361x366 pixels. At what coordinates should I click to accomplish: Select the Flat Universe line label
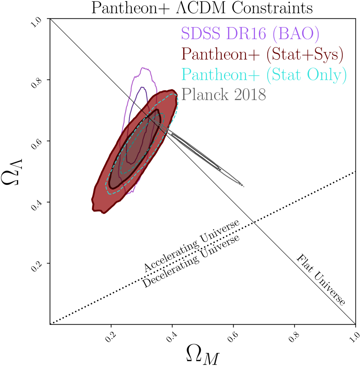(x=320, y=280)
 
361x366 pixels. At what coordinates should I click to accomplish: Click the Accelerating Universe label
(x=191, y=246)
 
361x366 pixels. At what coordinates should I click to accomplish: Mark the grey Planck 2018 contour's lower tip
(x=243, y=185)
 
